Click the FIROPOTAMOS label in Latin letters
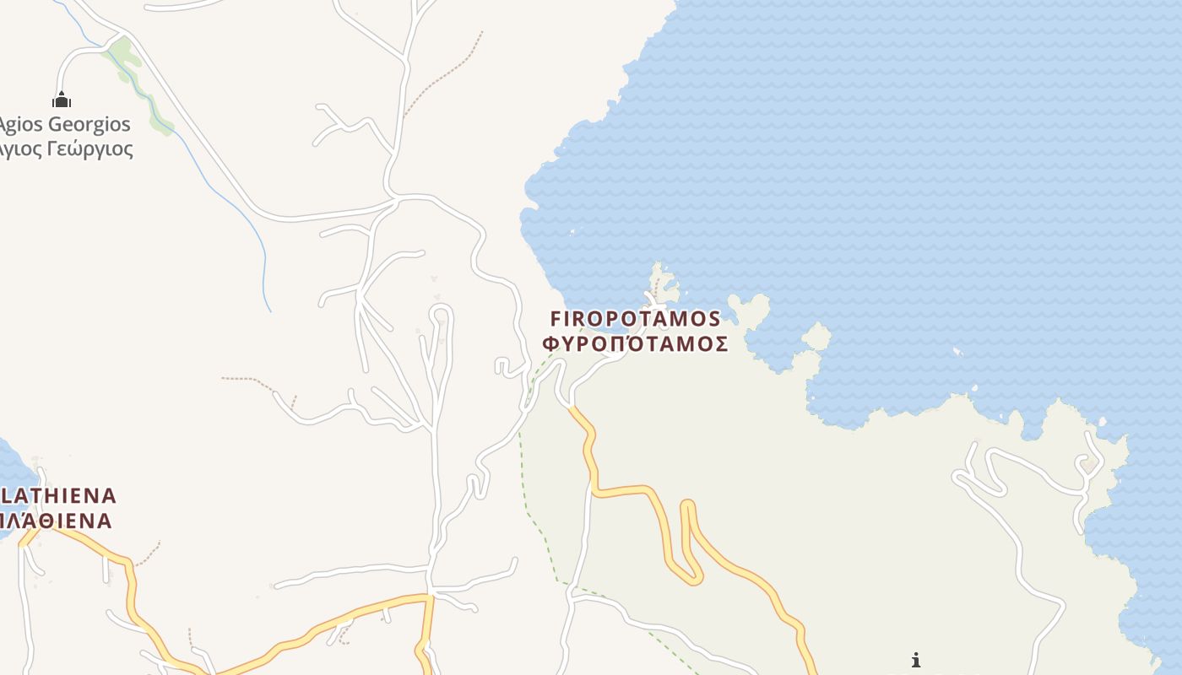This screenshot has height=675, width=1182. point(635,319)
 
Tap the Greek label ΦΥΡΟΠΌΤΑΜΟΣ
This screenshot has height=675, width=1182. point(635,343)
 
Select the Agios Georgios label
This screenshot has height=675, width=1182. point(65,125)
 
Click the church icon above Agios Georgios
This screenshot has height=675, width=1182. point(61,100)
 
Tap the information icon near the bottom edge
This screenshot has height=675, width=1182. point(916,660)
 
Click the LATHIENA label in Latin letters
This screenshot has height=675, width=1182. point(59,495)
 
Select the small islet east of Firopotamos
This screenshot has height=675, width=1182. point(816,337)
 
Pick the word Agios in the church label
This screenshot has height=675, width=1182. point(20,125)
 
